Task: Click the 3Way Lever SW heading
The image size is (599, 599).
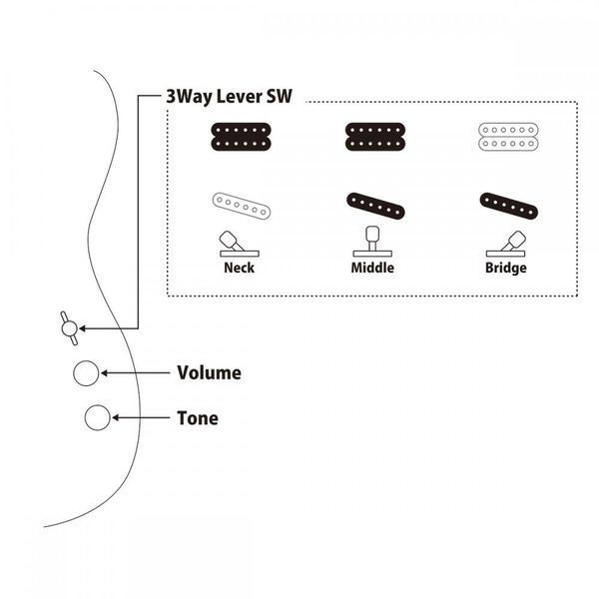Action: click(x=229, y=97)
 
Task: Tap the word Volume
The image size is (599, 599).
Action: click(x=209, y=372)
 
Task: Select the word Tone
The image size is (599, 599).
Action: click(x=198, y=418)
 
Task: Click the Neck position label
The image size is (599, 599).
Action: click(x=240, y=268)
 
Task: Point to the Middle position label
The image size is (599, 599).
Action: click(x=372, y=268)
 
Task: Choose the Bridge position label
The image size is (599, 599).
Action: click(x=506, y=268)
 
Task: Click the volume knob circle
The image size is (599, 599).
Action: click(x=86, y=373)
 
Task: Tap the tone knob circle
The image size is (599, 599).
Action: click(x=98, y=417)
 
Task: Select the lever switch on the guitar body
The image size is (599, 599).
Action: click(x=70, y=328)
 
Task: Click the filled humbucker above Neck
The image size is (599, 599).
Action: click(x=241, y=137)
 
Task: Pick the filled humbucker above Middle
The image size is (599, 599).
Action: click(x=375, y=137)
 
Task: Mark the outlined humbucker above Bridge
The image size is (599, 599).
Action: click(x=508, y=137)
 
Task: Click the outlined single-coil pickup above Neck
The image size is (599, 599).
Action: click(x=242, y=206)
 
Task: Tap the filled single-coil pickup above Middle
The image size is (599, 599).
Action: click(x=375, y=206)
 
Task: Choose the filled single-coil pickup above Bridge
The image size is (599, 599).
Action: click(x=509, y=206)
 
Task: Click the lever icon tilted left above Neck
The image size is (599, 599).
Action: click(x=239, y=244)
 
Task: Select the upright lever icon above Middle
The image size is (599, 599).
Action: click(x=372, y=242)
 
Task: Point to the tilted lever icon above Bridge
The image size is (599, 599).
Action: click(x=506, y=244)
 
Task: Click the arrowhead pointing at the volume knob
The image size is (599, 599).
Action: click(x=104, y=372)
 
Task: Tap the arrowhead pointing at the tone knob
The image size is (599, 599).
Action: click(x=115, y=417)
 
